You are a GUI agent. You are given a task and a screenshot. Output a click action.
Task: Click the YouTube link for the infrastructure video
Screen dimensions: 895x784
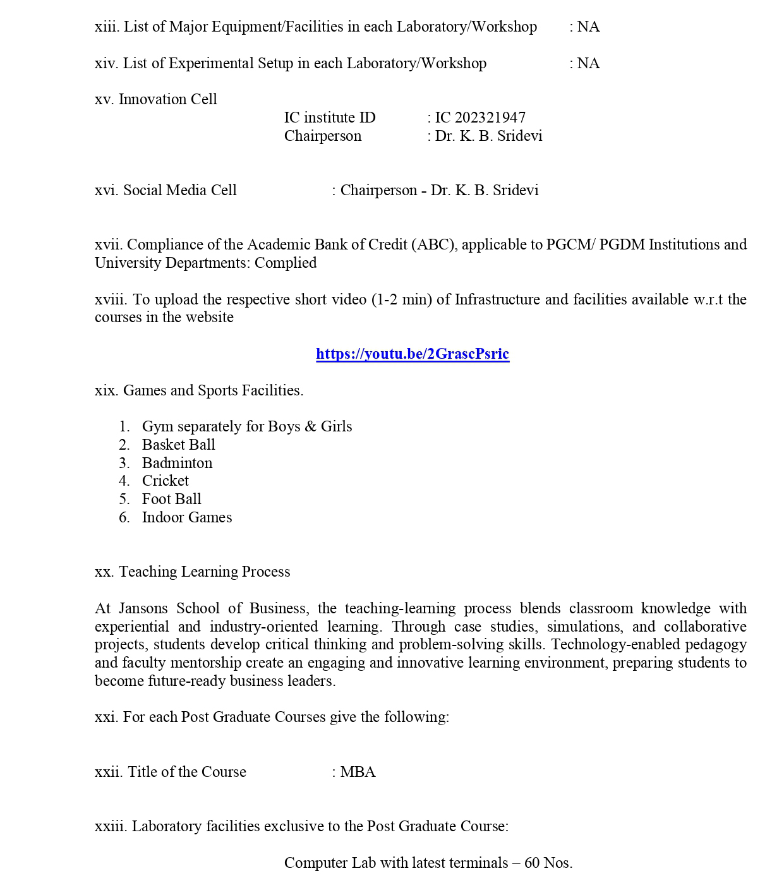pos(413,354)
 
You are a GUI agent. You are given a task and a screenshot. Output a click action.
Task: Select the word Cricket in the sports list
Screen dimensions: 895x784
pos(165,481)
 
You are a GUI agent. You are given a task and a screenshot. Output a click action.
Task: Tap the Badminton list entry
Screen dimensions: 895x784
pos(177,463)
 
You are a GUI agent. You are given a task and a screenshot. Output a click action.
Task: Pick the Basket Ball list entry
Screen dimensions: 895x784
pos(178,445)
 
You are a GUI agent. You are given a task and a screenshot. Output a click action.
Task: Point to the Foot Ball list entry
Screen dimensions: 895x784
pos(171,499)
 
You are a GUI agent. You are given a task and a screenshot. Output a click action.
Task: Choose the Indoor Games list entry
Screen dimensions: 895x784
pos(186,517)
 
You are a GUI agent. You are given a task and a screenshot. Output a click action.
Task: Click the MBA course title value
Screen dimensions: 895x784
pos(358,772)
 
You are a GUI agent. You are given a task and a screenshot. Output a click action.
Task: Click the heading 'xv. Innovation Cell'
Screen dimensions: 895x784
pos(155,100)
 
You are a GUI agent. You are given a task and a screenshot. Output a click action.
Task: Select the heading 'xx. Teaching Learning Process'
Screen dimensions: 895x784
pos(192,572)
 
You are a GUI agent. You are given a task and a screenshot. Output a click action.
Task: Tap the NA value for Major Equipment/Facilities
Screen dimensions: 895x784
pos(588,27)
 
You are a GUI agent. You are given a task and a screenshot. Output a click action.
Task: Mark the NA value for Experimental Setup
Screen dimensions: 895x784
pos(588,64)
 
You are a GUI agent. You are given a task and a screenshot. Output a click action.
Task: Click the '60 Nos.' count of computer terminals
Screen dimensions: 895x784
pos(548,863)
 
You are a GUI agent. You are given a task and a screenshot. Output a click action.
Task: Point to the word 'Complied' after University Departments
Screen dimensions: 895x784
pos(286,263)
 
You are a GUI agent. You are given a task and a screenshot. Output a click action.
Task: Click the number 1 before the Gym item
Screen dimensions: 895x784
pos(124,427)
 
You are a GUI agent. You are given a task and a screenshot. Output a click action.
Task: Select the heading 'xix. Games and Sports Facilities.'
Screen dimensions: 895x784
pos(199,390)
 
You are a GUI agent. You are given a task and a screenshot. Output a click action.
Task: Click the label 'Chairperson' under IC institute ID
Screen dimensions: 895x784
pos(323,136)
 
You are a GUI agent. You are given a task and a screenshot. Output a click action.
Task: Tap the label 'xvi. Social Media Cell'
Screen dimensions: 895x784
pos(166,191)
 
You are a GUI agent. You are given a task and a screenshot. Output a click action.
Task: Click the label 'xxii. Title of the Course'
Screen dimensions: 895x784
pos(171,772)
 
